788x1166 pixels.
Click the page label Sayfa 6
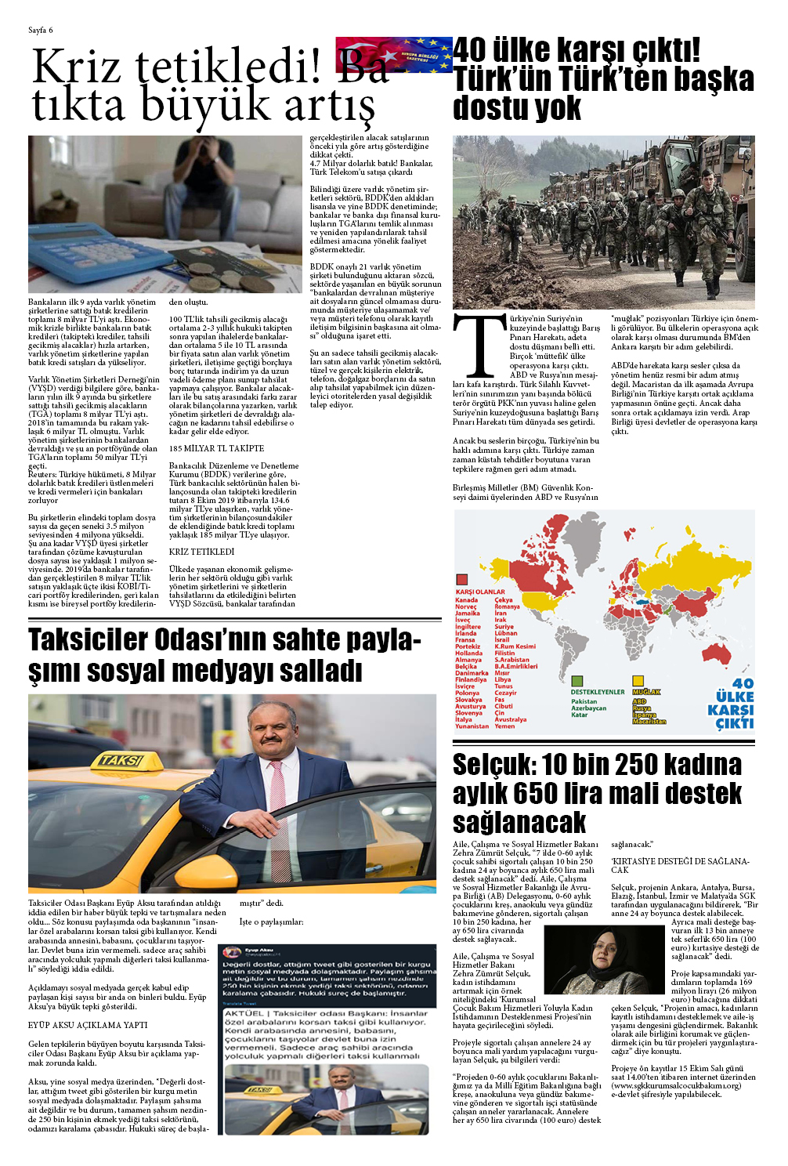pos(40,31)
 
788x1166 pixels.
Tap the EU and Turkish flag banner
pos(394,55)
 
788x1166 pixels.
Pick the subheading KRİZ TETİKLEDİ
pos(201,552)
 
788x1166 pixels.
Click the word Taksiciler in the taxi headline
pos(88,640)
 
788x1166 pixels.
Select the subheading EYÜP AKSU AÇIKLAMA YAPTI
pos(88,1025)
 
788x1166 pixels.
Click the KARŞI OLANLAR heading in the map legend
pos(480,592)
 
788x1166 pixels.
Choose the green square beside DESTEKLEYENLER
pos(577,681)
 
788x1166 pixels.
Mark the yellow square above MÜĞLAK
pos(638,681)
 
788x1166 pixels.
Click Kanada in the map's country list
pos(466,600)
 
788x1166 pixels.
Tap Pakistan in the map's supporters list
pos(584,701)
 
